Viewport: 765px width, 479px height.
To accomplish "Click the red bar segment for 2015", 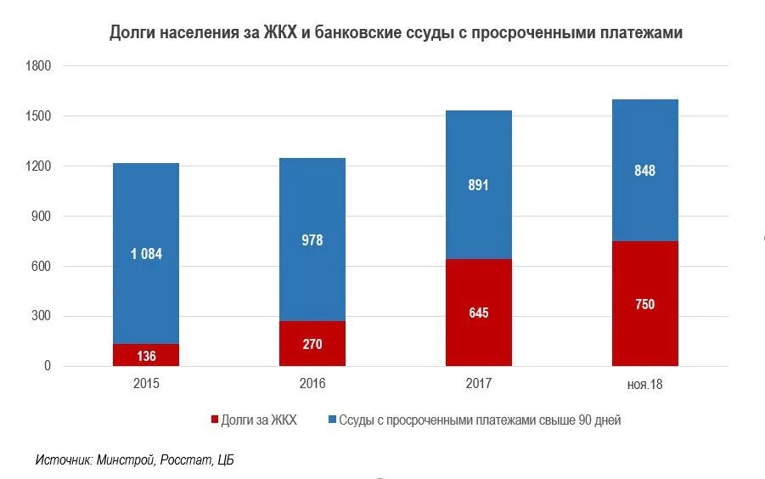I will (146, 355).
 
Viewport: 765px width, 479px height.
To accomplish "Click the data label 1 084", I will (146, 253).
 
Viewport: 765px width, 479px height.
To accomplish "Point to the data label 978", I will (312, 240).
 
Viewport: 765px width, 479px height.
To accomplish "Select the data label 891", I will (479, 185).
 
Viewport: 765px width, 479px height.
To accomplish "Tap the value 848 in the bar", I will (645, 171).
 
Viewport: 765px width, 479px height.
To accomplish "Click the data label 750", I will (645, 304).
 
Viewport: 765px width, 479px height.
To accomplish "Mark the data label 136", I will (146, 355).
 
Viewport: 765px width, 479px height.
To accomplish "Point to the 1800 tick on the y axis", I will (39, 66).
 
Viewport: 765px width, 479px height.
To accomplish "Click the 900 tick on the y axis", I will (42, 217).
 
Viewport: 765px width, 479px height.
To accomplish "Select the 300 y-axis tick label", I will (42, 317).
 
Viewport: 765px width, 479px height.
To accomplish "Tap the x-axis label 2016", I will (312, 384).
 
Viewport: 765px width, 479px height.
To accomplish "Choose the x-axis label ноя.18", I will (645, 385).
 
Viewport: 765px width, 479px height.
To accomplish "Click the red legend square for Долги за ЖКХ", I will (214, 420).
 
